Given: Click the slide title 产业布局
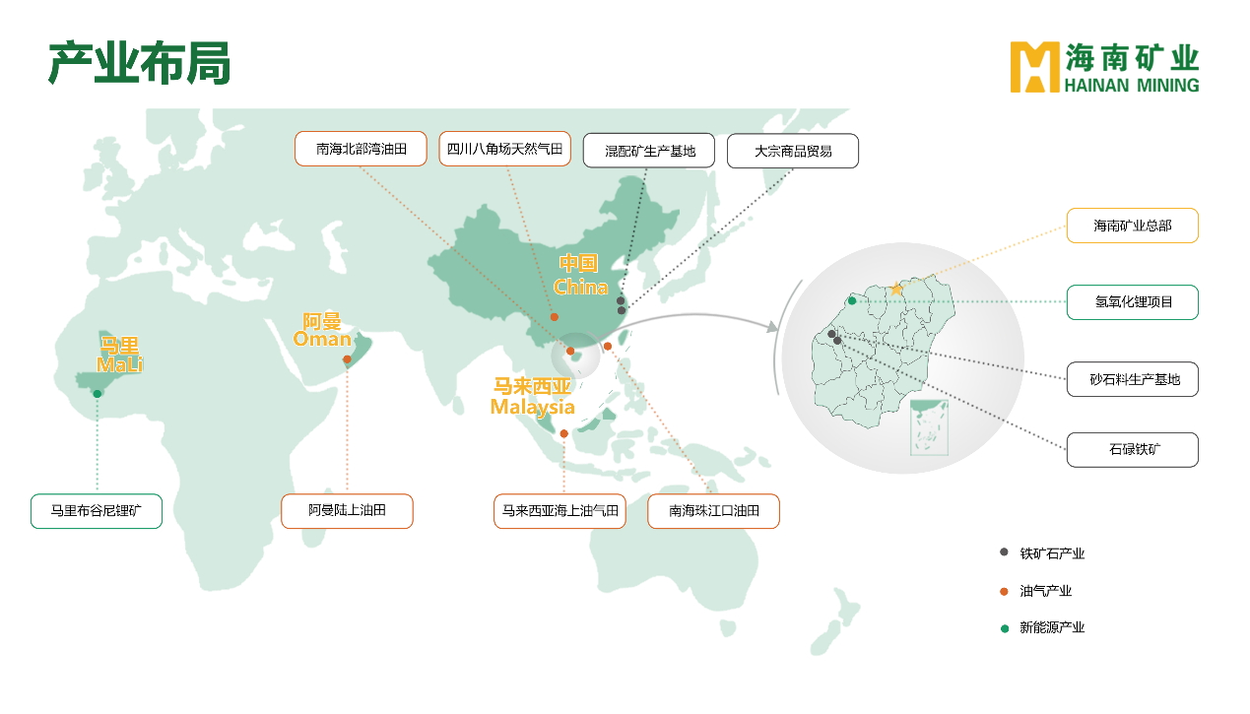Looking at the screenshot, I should (139, 64).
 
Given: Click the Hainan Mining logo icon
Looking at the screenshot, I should (1033, 67).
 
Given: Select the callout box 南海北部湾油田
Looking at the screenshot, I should (361, 150).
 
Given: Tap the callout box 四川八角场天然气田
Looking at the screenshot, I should (504, 150).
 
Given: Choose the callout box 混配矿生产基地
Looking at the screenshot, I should (649, 151).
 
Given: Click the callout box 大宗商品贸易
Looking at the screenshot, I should (792, 151).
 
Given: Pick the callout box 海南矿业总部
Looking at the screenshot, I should (1132, 226).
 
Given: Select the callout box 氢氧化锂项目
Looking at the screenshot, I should (1132, 302).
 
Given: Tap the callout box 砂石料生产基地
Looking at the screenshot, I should (1132, 379).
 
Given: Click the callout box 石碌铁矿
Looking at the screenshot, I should (1132, 450).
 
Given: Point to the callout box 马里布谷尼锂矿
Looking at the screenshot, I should (96, 511).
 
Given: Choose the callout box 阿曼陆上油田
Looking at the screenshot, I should (347, 511).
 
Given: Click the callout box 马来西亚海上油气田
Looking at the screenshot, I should (559, 511).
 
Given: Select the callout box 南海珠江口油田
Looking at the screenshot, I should (713, 511).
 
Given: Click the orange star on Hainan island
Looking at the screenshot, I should (895, 289).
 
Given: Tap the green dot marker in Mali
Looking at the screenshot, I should (98, 394).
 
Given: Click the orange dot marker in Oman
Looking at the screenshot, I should (347, 360).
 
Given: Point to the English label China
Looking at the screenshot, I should (580, 288).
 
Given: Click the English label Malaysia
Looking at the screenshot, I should (532, 407).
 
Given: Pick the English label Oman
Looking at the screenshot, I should (322, 340).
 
